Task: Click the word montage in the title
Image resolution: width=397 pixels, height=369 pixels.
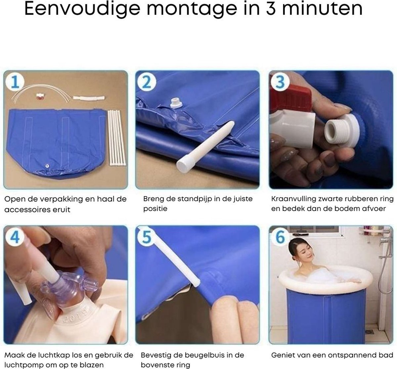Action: (192, 9)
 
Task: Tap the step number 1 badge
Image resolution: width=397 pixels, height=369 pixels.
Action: (15, 82)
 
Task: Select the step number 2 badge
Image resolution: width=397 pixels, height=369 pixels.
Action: (147, 82)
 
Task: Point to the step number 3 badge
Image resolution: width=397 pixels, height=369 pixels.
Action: (280, 82)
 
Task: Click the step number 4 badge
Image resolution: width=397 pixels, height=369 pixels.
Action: (15, 237)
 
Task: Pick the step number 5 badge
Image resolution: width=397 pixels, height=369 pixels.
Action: (147, 237)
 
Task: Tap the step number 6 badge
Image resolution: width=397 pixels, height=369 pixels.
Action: (280, 237)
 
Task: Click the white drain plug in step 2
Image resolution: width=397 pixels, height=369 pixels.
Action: (176, 103)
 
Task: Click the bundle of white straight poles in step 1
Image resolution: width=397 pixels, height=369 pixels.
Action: (117, 138)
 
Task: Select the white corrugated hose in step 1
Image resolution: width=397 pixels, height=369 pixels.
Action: (89, 98)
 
